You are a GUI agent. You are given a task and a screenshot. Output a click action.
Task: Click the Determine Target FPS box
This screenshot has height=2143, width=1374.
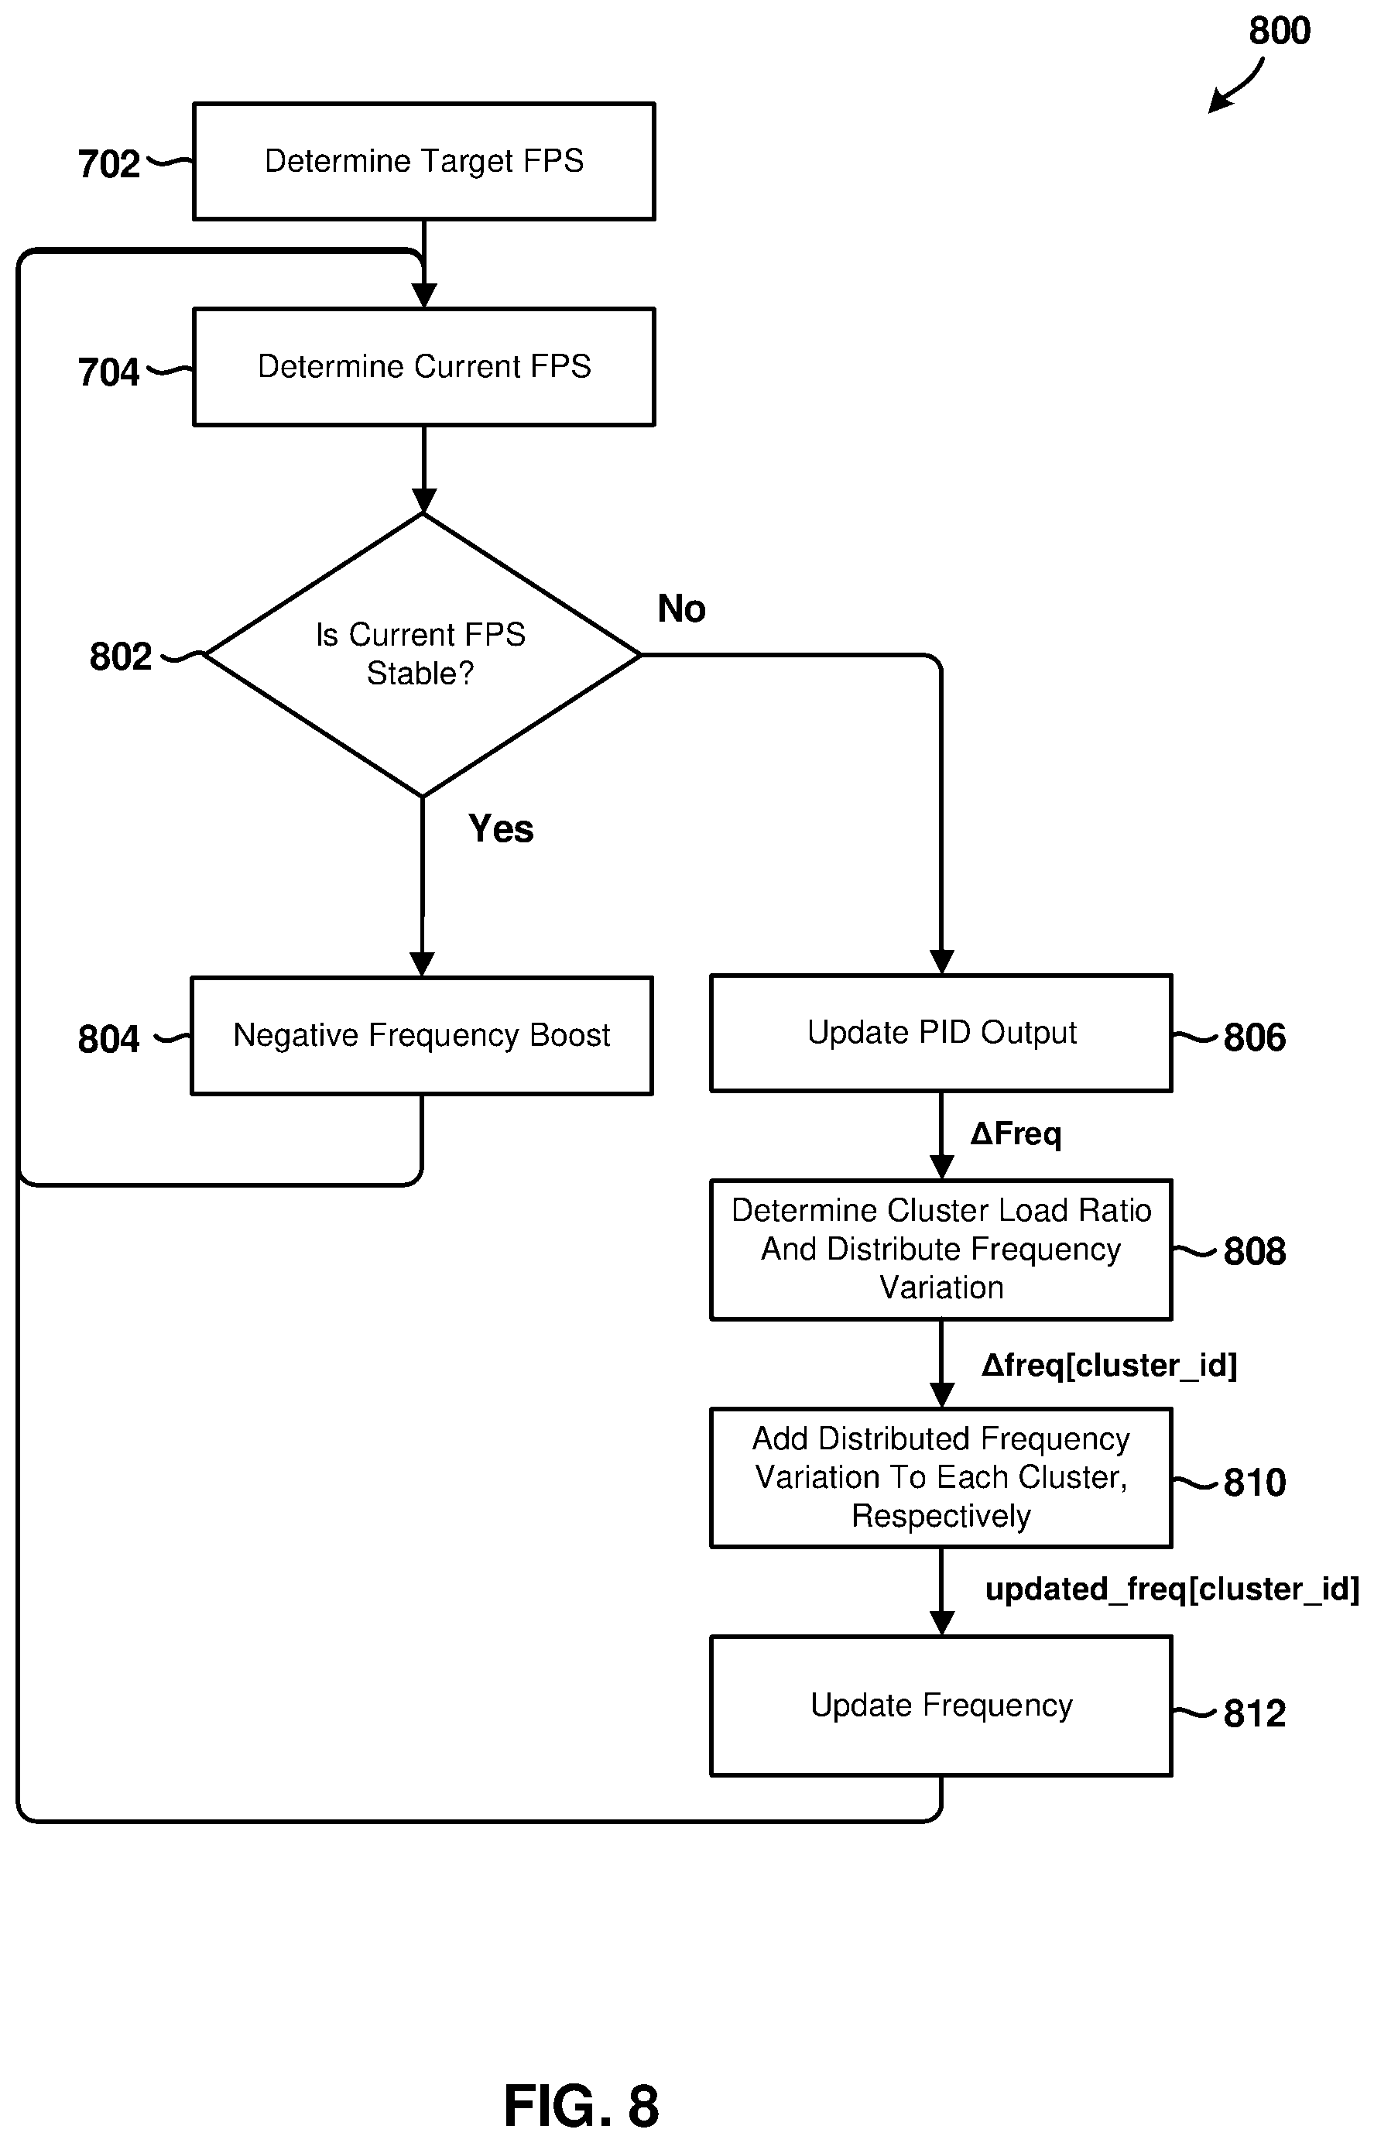[423, 162]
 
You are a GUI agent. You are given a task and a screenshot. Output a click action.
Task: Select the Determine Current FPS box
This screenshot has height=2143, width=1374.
[423, 367]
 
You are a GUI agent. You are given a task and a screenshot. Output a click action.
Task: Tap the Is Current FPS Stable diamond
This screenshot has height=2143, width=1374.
[422, 655]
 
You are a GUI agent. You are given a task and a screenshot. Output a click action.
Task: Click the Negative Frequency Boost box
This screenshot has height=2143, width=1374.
[422, 1036]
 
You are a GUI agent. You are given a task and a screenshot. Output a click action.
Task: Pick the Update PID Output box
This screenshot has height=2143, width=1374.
[941, 1033]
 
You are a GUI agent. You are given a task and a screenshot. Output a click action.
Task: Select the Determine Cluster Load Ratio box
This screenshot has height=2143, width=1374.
[941, 1249]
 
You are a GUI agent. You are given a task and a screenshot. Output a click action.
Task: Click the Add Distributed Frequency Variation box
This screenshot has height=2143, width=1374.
[941, 1477]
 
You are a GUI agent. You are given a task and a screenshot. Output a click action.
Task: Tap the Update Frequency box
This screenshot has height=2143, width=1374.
[941, 1706]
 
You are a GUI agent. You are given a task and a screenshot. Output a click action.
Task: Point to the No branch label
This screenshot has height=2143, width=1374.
[682, 609]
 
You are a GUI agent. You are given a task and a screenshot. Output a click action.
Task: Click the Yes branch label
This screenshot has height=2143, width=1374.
[502, 829]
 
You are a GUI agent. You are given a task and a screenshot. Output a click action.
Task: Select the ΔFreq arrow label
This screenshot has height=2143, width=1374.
[1016, 1135]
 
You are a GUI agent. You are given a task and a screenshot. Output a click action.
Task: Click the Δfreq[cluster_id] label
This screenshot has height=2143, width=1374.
[1109, 1366]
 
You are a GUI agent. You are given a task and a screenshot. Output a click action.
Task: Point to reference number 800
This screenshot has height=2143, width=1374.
[1280, 31]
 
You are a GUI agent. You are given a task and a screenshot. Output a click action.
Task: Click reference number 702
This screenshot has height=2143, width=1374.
[109, 164]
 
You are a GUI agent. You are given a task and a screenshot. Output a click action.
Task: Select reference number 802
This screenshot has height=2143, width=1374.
[121, 657]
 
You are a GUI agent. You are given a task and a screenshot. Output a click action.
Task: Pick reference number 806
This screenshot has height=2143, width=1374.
[1255, 1037]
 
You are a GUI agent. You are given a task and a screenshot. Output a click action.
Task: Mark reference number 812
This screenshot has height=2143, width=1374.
[1255, 1714]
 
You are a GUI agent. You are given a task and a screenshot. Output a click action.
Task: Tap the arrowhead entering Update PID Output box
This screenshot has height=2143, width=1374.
[942, 962]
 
